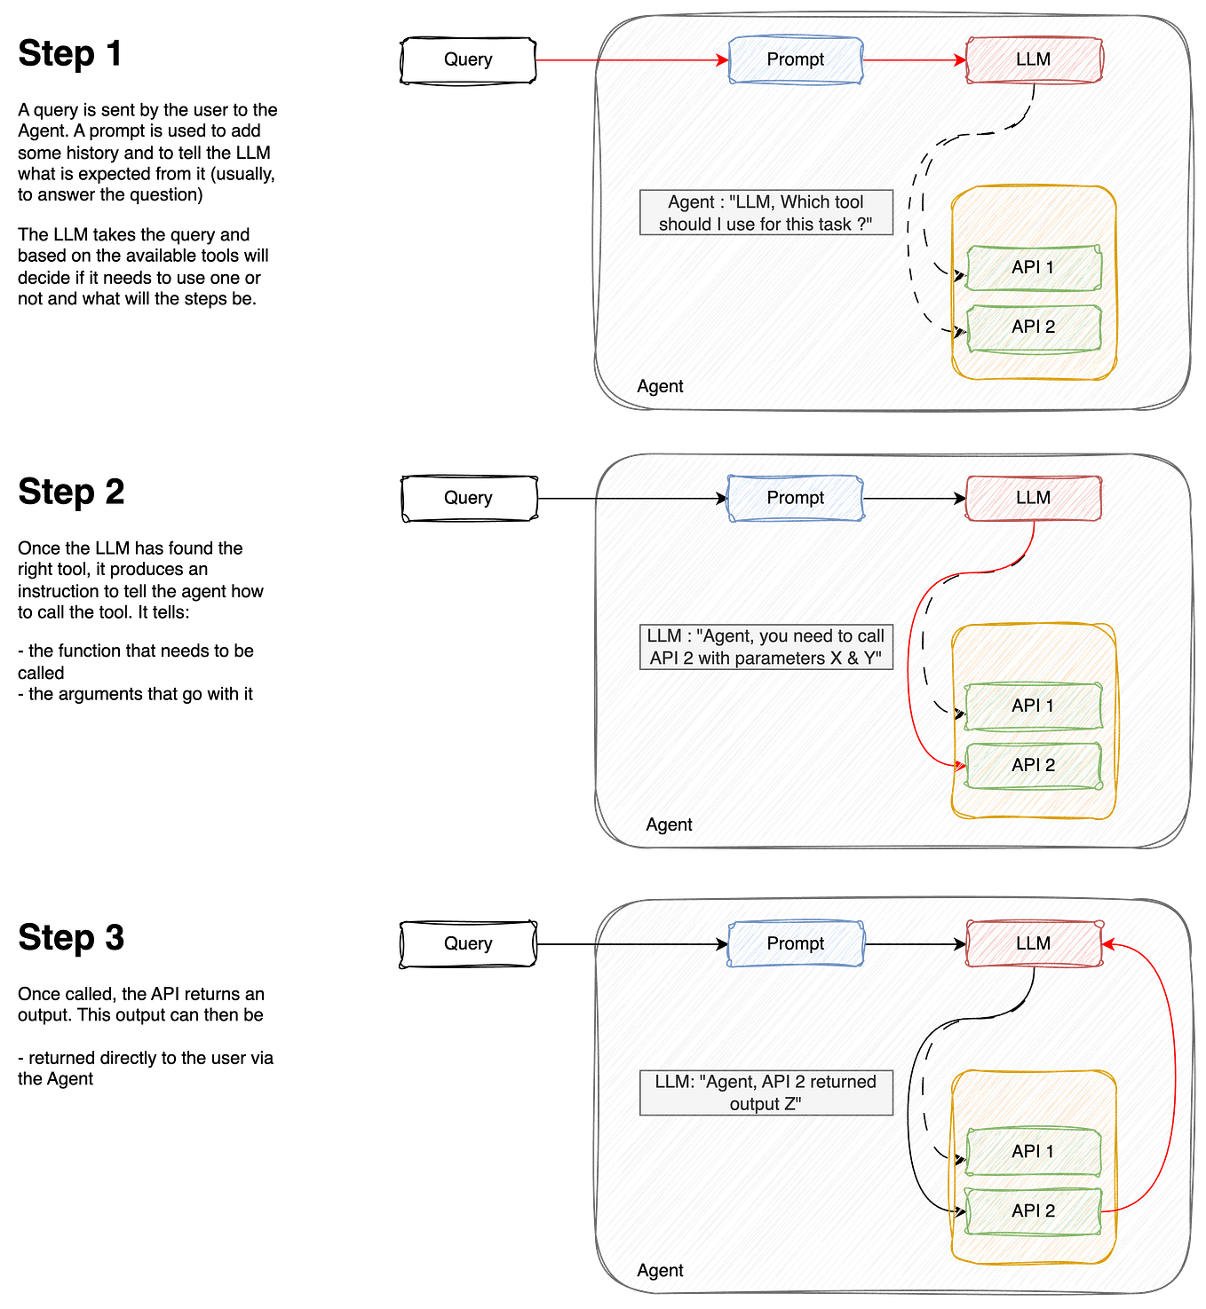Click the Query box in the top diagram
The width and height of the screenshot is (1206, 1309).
(x=467, y=60)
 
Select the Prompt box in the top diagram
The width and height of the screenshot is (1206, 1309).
(x=795, y=59)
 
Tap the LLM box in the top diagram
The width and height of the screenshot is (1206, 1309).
(x=1034, y=59)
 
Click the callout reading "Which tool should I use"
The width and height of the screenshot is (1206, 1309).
(x=766, y=213)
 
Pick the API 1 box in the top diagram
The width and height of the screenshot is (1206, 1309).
(x=1033, y=267)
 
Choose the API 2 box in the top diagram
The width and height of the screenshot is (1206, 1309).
(x=1033, y=327)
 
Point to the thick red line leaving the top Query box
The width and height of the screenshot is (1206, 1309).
(x=566, y=59)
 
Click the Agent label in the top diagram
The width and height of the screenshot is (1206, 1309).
(x=661, y=386)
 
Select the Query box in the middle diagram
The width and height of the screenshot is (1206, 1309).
(x=467, y=499)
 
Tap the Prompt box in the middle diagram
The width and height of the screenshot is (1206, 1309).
(x=795, y=498)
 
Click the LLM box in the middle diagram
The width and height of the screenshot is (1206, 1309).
(x=1034, y=498)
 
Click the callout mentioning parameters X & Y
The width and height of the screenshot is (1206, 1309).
(x=766, y=647)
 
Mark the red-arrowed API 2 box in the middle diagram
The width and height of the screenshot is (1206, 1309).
(x=1033, y=765)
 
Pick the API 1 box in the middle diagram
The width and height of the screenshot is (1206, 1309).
(x=1033, y=706)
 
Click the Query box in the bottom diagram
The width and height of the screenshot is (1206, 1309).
(x=467, y=943)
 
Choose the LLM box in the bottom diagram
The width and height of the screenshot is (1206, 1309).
(x=1034, y=943)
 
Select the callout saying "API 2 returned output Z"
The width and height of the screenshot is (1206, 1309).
(x=766, y=1092)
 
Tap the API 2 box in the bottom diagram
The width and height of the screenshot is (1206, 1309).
(x=1033, y=1210)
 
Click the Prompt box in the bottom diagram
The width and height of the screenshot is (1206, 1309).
(x=795, y=943)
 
